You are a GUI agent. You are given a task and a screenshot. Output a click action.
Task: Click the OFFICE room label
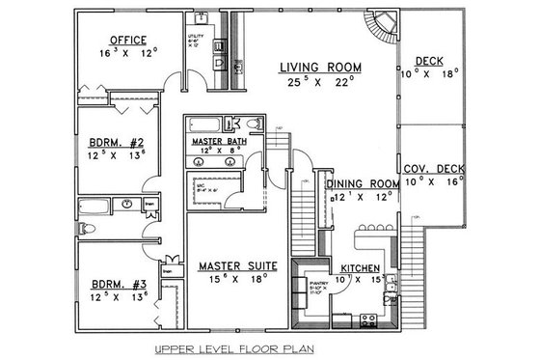click(x=128, y=41)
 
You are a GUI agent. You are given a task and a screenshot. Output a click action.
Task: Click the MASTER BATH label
click(x=221, y=141)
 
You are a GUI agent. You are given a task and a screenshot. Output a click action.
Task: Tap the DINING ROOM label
click(x=363, y=183)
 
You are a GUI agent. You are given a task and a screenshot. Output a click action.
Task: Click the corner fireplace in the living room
click(x=384, y=21)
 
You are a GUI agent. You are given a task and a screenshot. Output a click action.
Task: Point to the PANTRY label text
click(x=319, y=282)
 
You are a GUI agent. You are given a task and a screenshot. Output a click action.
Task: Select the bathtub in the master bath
click(x=204, y=125)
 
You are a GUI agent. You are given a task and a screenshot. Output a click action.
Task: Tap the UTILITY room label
click(x=195, y=37)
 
